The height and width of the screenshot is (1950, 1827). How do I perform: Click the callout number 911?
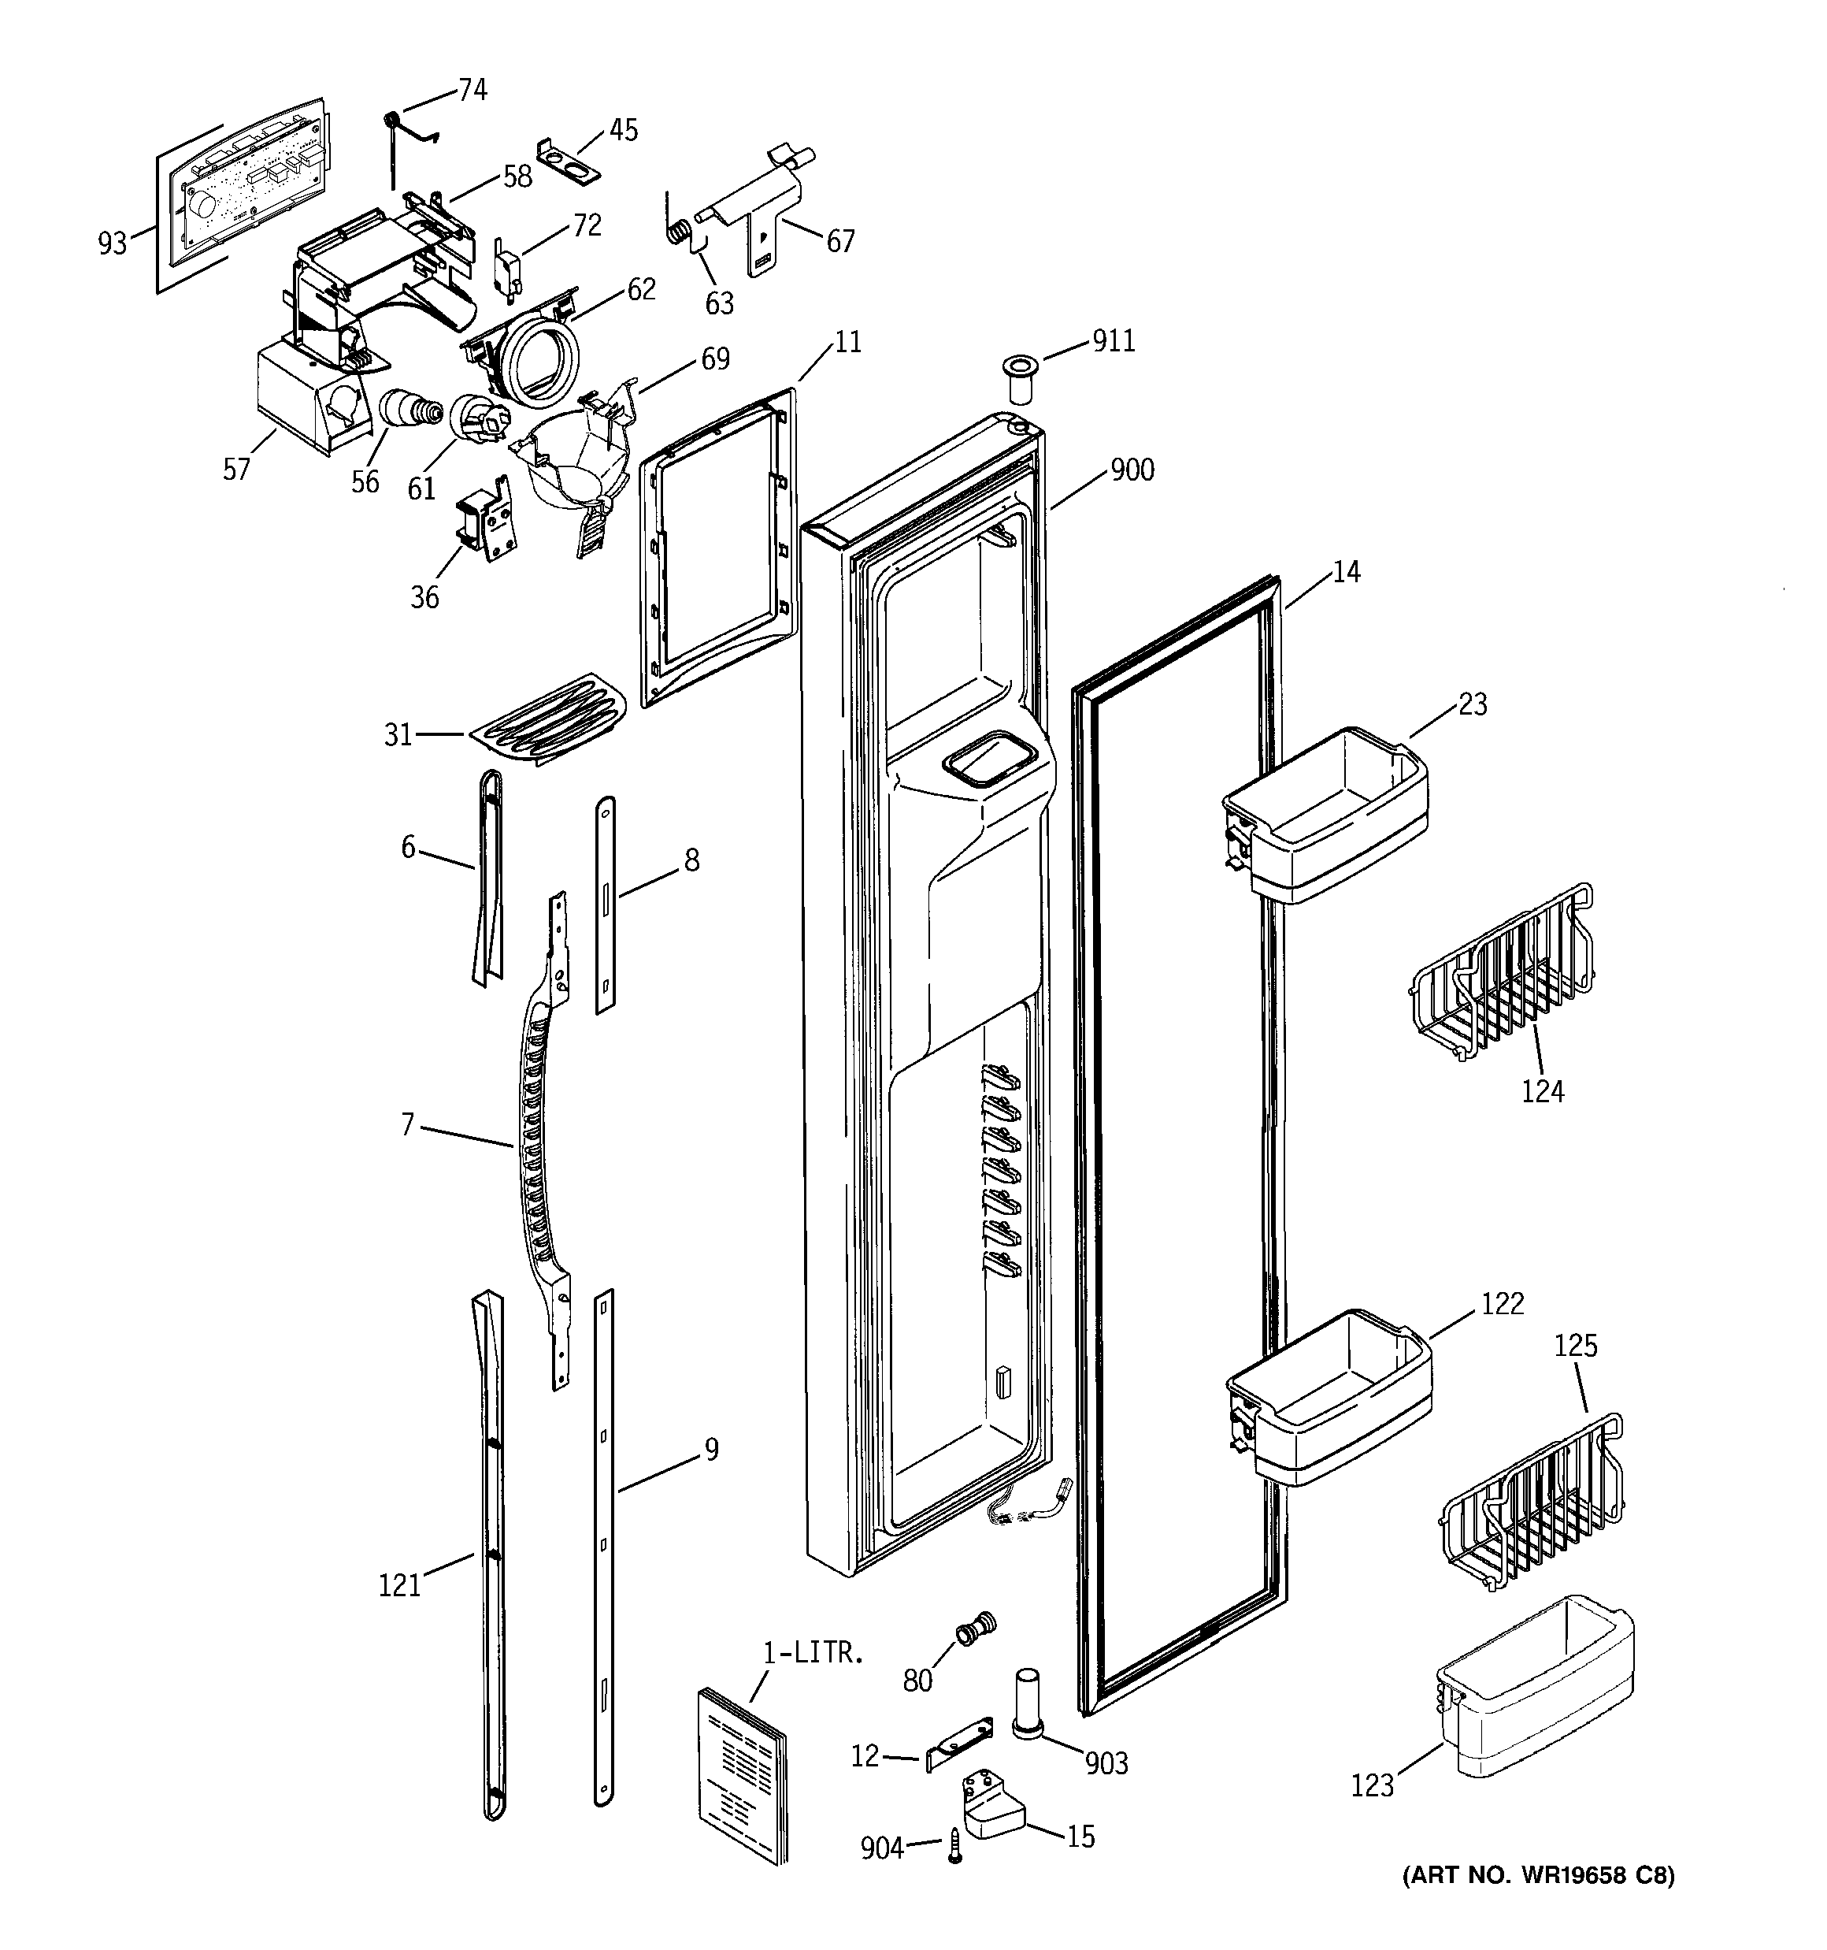pos(1113,341)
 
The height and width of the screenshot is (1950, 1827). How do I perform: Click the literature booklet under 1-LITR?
pos(743,1774)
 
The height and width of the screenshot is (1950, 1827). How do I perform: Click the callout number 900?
pos(1132,471)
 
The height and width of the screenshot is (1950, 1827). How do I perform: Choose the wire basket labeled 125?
pos(1530,1506)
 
